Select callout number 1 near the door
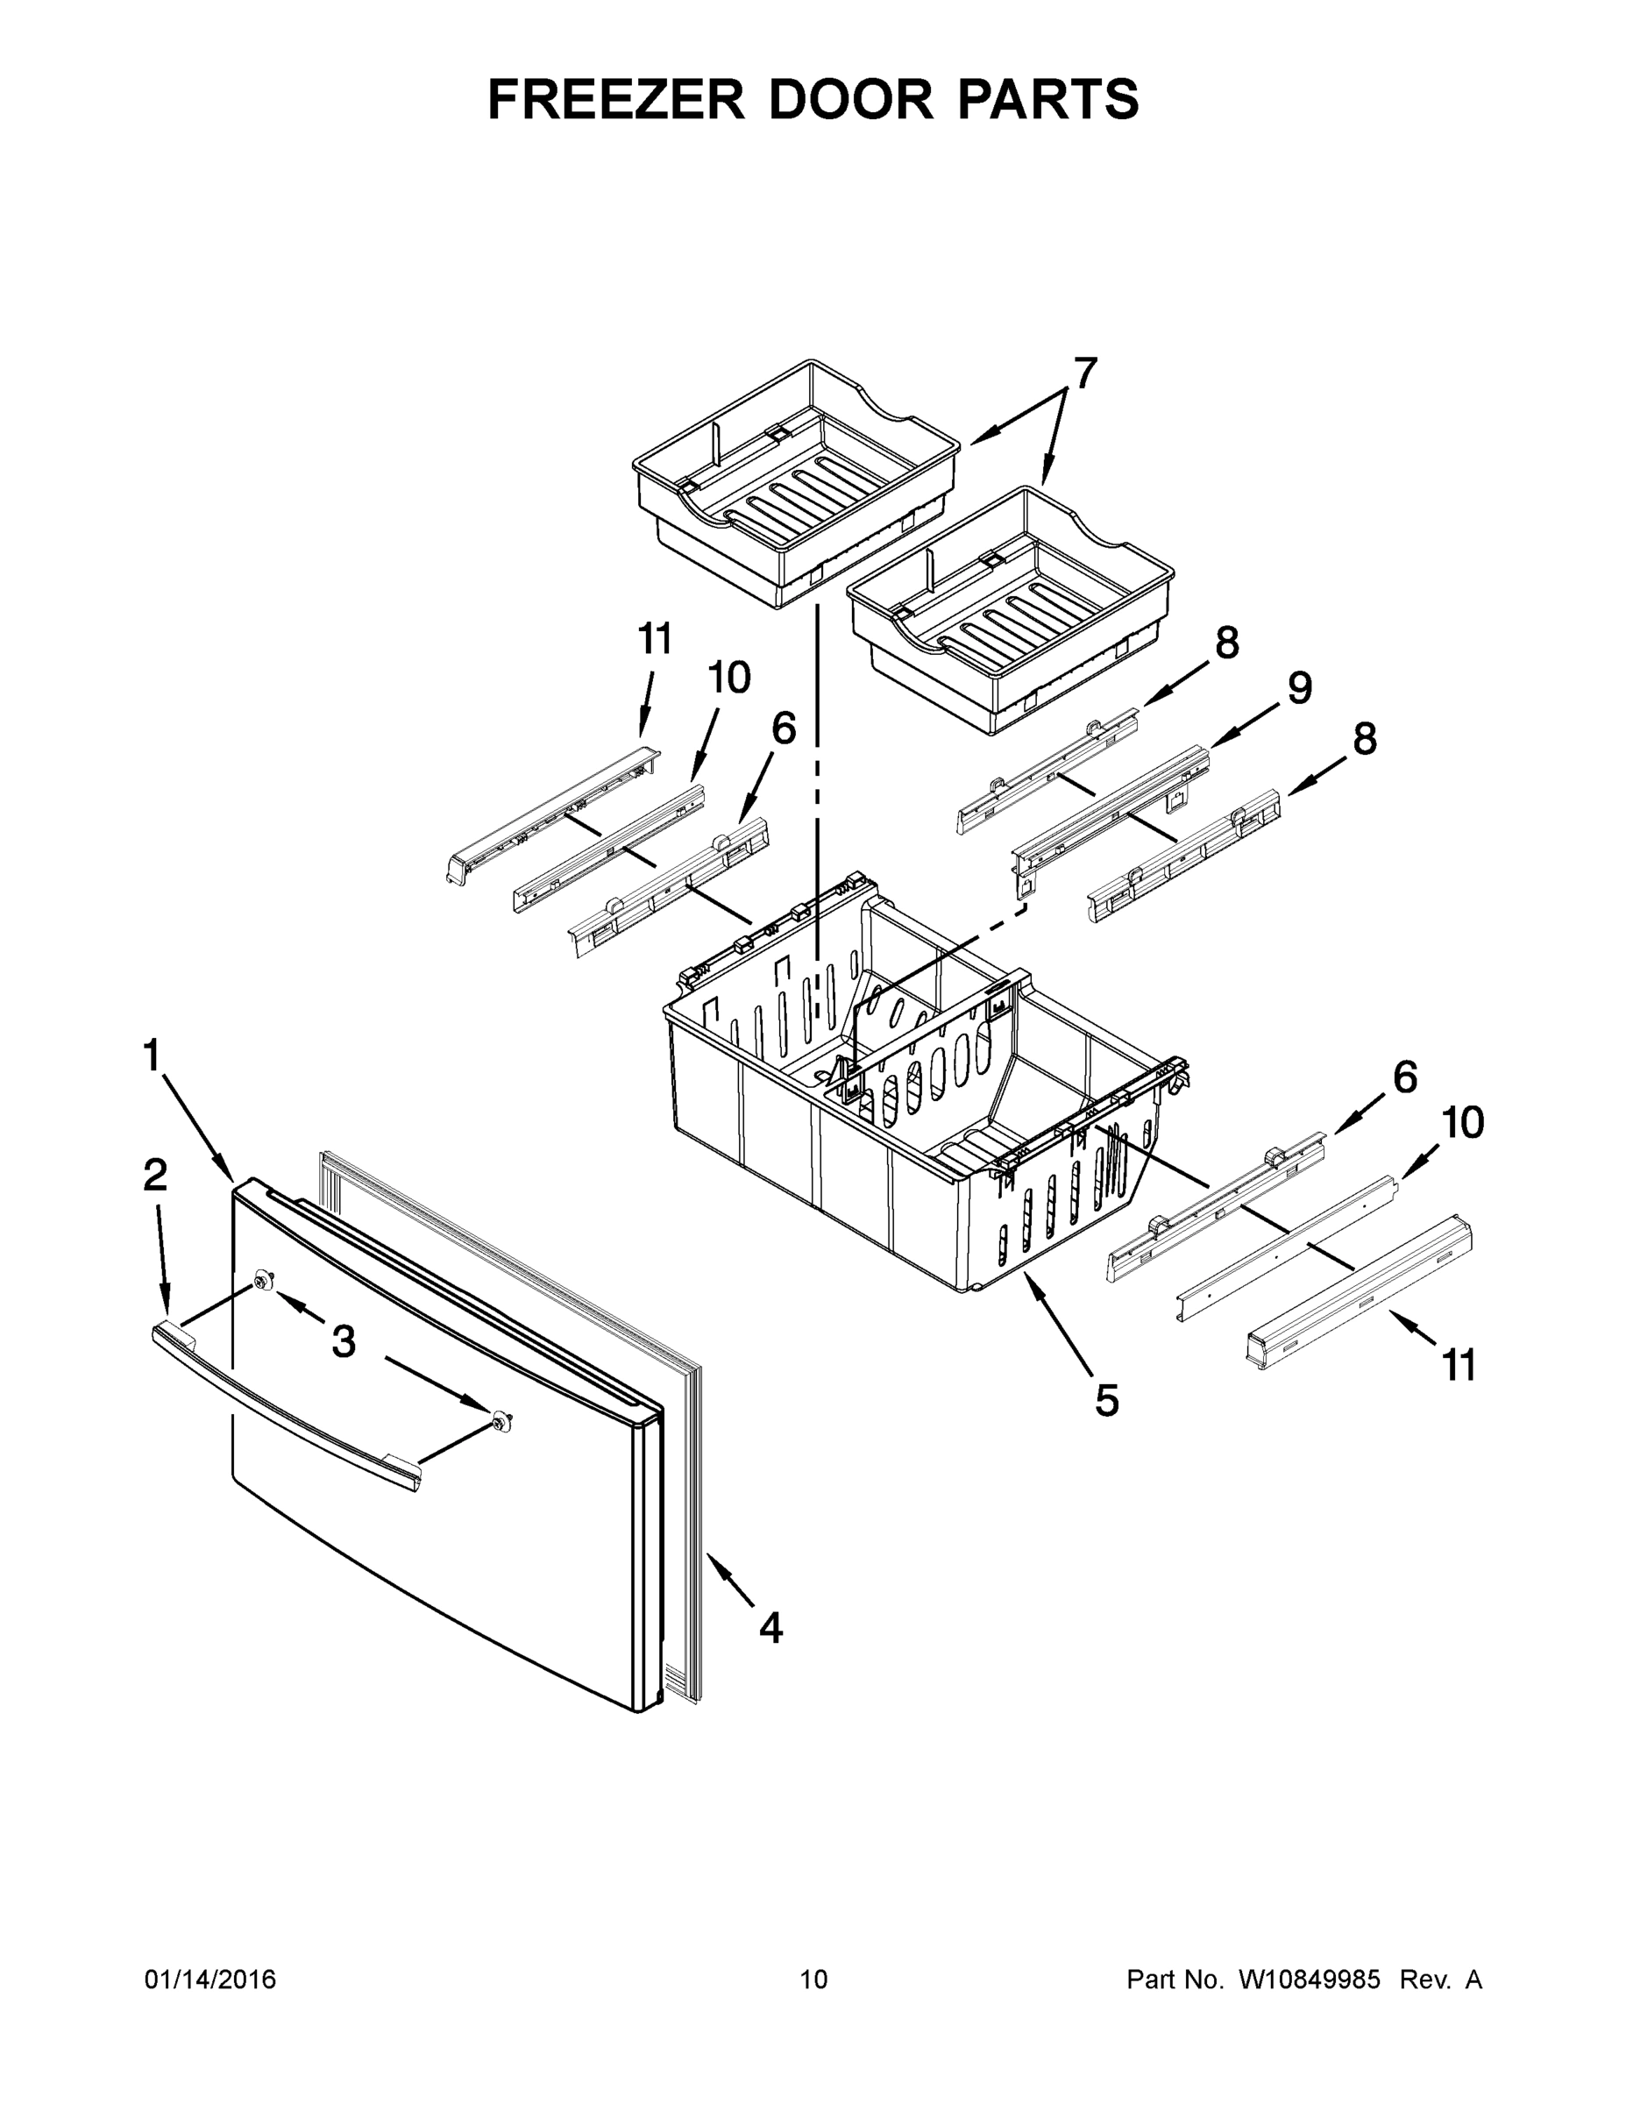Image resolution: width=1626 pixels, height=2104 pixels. point(152,1056)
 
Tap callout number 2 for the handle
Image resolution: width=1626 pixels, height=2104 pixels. point(155,1176)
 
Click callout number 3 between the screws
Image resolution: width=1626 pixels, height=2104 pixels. point(344,1340)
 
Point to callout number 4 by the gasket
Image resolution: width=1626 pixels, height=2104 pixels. point(770,1627)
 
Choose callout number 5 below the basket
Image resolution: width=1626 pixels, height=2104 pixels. point(1107,1400)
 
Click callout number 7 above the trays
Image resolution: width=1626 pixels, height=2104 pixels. point(1084,373)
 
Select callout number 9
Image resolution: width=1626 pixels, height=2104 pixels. point(1299,688)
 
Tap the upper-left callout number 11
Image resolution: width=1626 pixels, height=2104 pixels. point(655,639)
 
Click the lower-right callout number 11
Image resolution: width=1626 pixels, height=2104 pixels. point(1458,1365)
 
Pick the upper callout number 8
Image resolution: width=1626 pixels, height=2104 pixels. point(1226,643)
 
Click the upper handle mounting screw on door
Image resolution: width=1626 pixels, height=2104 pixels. point(262,1279)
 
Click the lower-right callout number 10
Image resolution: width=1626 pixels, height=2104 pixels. point(1462,1122)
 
